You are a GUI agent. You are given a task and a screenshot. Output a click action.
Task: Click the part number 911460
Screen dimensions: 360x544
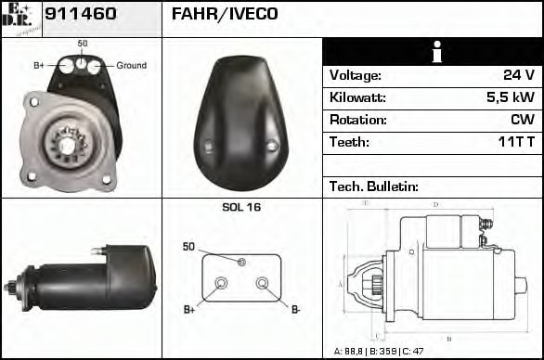(x=81, y=15)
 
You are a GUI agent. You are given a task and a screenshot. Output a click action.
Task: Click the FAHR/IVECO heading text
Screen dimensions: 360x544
(x=224, y=15)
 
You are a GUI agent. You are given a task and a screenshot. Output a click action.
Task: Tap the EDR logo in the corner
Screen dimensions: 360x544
(x=20, y=18)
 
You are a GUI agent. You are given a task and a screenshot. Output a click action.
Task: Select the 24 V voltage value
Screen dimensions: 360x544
(x=518, y=76)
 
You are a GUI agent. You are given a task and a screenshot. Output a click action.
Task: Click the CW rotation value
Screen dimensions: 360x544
(x=522, y=120)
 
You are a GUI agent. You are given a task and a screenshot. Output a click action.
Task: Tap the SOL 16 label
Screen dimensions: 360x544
(x=241, y=208)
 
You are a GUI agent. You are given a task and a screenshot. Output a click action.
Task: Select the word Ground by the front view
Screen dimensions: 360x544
(x=131, y=66)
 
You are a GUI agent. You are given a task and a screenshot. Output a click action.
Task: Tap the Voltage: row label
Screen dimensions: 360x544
(x=355, y=76)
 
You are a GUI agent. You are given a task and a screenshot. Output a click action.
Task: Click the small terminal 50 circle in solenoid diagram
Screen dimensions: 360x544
(x=241, y=263)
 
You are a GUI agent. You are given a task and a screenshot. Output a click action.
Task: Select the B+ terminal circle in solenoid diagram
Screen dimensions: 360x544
(x=221, y=283)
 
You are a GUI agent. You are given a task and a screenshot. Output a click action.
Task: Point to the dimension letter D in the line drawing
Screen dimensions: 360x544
(x=436, y=204)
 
